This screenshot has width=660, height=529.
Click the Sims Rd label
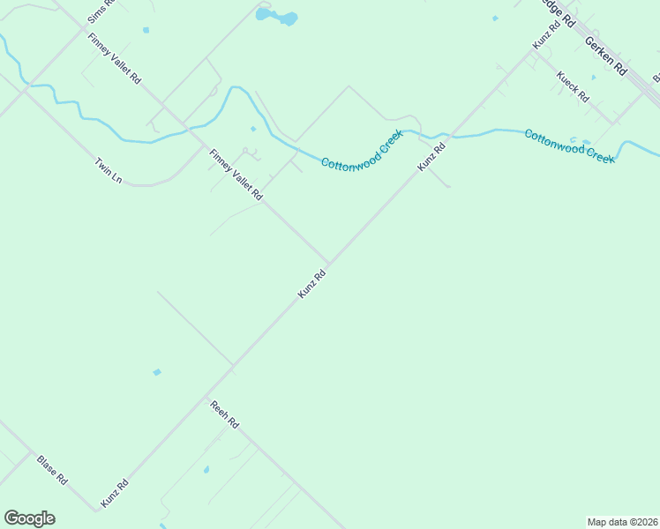point(101,11)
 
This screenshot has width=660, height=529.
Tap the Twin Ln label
point(108,171)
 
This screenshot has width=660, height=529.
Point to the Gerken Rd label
point(605,55)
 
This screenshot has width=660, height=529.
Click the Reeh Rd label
point(224,414)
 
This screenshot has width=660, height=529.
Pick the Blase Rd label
point(52,469)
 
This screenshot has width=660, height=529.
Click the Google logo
point(29,518)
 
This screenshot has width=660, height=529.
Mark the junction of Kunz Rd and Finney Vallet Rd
point(330,264)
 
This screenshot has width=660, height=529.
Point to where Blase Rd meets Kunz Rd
point(96,510)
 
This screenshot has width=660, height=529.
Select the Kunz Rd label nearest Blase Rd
point(115,492)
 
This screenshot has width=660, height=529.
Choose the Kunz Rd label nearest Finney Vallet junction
point(312,283)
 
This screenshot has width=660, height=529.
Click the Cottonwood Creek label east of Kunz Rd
point(568,145)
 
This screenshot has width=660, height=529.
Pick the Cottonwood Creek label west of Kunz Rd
point(362,151)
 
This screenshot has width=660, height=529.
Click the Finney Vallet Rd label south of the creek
point(236,175)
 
